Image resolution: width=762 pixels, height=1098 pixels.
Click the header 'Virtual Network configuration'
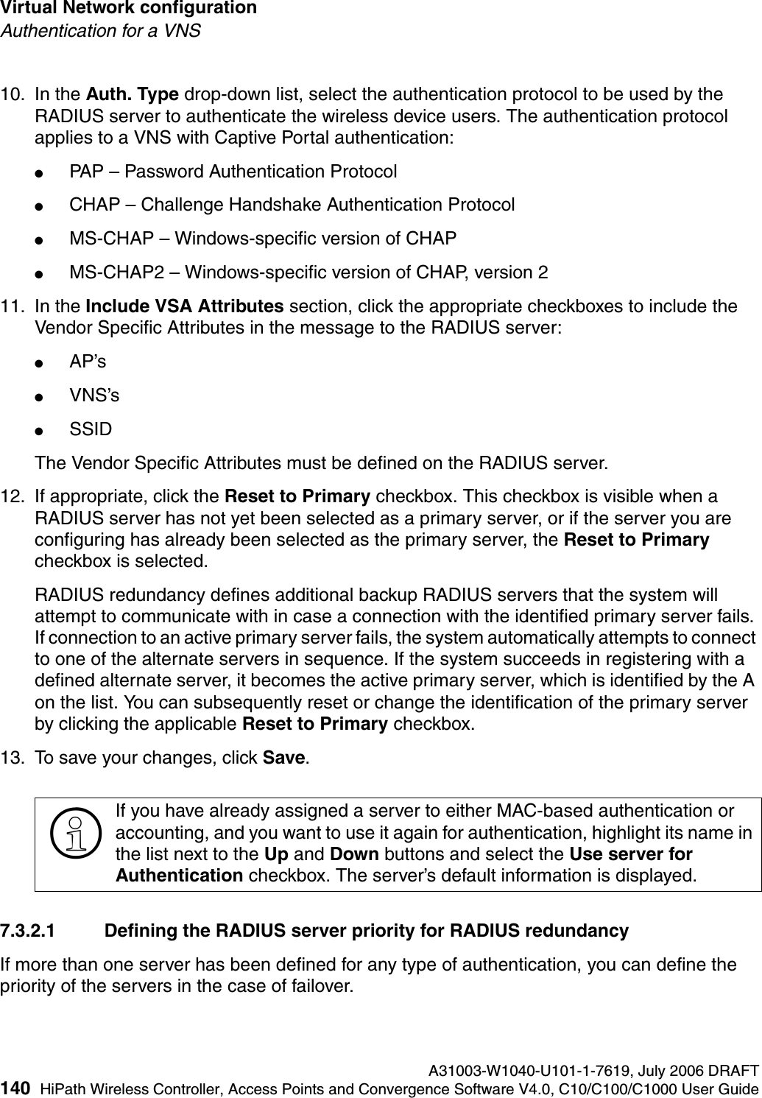pos(129,9)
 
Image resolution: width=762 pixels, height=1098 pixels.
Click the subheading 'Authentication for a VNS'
pos(101,31)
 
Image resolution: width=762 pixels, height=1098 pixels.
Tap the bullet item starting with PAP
pos(233,172)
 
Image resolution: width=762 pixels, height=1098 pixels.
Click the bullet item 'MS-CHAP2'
pos(308,272)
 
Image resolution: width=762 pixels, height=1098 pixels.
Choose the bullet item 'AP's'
pos(87,362)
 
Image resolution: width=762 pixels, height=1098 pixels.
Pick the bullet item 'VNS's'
pos(94,395)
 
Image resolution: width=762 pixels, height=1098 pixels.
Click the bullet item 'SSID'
pos(91,429)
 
